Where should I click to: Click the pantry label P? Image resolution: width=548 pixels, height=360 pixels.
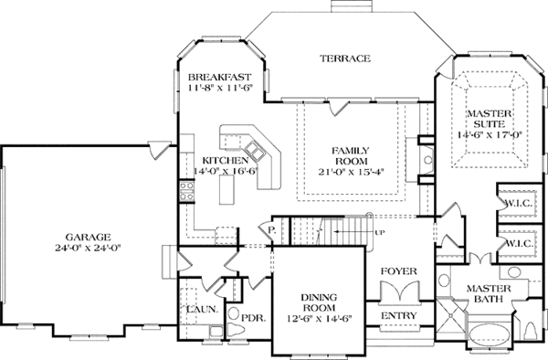(271, 230)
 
